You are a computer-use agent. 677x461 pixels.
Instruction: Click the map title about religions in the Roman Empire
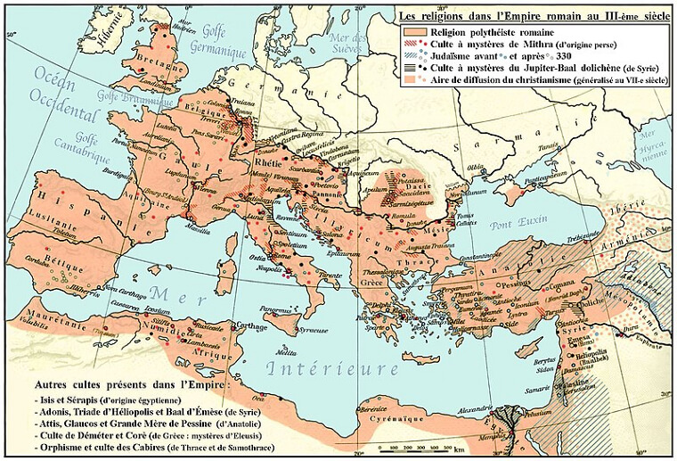(530, 15)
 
